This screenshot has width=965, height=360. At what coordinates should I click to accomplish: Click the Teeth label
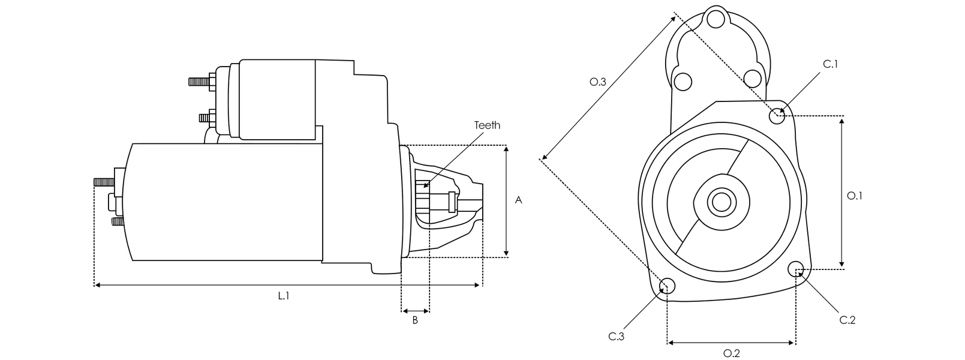[486, 125]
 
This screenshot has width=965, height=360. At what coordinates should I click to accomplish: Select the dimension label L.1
[283, 295]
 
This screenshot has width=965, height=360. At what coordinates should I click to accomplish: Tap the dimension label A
[519, 200]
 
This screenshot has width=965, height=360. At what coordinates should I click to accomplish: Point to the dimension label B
[414, 320]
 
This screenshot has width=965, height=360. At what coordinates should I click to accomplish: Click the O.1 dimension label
[854, 196]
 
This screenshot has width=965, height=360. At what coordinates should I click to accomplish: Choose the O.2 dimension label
[731, 353]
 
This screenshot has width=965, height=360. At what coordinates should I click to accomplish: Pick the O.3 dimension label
[598, 82]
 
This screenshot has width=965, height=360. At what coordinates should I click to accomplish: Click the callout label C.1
[830, 64]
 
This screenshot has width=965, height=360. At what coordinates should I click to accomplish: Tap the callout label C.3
[617, 337]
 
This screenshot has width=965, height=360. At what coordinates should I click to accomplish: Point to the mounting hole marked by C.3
[668, 287]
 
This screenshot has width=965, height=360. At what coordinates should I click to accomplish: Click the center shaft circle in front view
[719, 202]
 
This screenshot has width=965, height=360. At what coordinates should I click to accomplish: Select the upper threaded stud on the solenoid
[200, 81]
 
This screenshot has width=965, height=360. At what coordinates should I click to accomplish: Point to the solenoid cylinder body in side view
[276, 99]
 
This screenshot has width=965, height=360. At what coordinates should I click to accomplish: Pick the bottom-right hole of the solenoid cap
[752, 78]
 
